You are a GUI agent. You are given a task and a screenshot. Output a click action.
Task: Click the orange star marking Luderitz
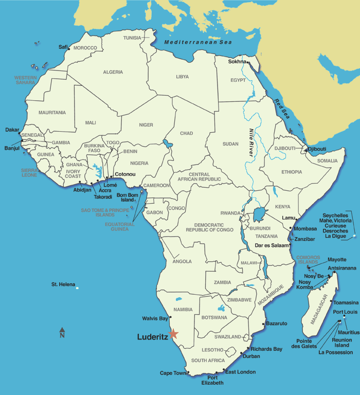[173, 333]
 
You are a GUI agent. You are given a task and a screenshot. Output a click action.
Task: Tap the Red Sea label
[282, 109]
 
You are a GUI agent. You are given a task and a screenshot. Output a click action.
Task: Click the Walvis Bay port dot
[170, 317]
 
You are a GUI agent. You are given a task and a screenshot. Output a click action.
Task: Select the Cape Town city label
[173, 373]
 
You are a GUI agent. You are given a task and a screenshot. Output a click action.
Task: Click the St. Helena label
[63, 284]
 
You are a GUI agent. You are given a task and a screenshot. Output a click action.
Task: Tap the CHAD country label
[186, 133]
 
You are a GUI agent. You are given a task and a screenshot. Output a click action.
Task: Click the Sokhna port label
[238, 62]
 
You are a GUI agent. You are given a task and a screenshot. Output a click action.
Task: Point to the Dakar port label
[12, 130]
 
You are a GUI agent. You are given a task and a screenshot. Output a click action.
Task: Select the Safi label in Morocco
[63, 47]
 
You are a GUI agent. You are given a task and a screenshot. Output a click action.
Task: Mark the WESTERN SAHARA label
[25, 80]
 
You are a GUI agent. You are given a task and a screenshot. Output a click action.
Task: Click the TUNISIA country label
[132, 38]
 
